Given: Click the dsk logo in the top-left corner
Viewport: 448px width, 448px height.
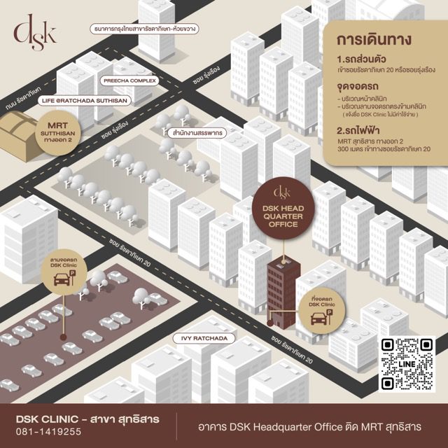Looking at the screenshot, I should coord(34,33).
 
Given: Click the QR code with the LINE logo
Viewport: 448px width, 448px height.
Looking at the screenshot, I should coord(407,364).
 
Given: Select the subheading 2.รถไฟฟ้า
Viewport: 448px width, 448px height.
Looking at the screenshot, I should coord(359,129).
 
